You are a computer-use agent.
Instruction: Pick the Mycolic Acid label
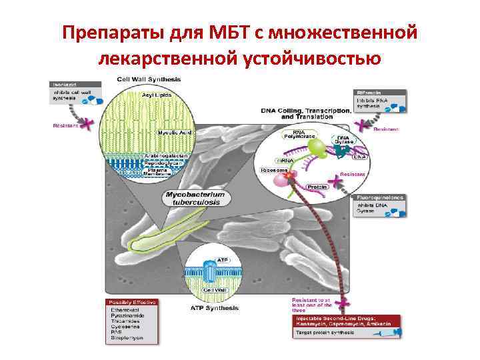click(x=174, y=132)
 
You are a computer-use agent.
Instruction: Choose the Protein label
click(x=317, y=187)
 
